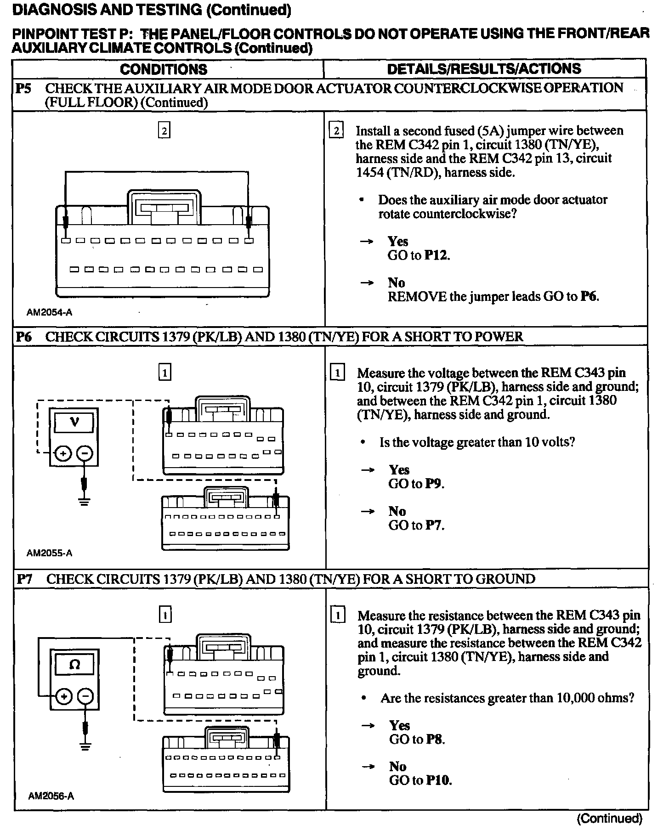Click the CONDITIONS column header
[x=164, y=69]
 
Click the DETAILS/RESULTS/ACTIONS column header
[x=484, y=69]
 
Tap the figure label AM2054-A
[x=49, y=312]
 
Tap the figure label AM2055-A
[x=49, y=553]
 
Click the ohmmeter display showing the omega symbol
[x=74, y=665]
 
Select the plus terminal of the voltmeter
[x=63, y=454]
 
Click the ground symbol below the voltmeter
[x=84, y=501]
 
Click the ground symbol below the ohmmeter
[x=85, y=746]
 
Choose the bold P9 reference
[x=434, y=484]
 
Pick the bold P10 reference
[x=438, y=780]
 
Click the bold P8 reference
[x=436, y=739]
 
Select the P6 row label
[x=23, y=337]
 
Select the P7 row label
[x=24, y=579]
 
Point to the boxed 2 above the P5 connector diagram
[x=164, y=131]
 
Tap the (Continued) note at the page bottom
[x=609, y=818]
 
